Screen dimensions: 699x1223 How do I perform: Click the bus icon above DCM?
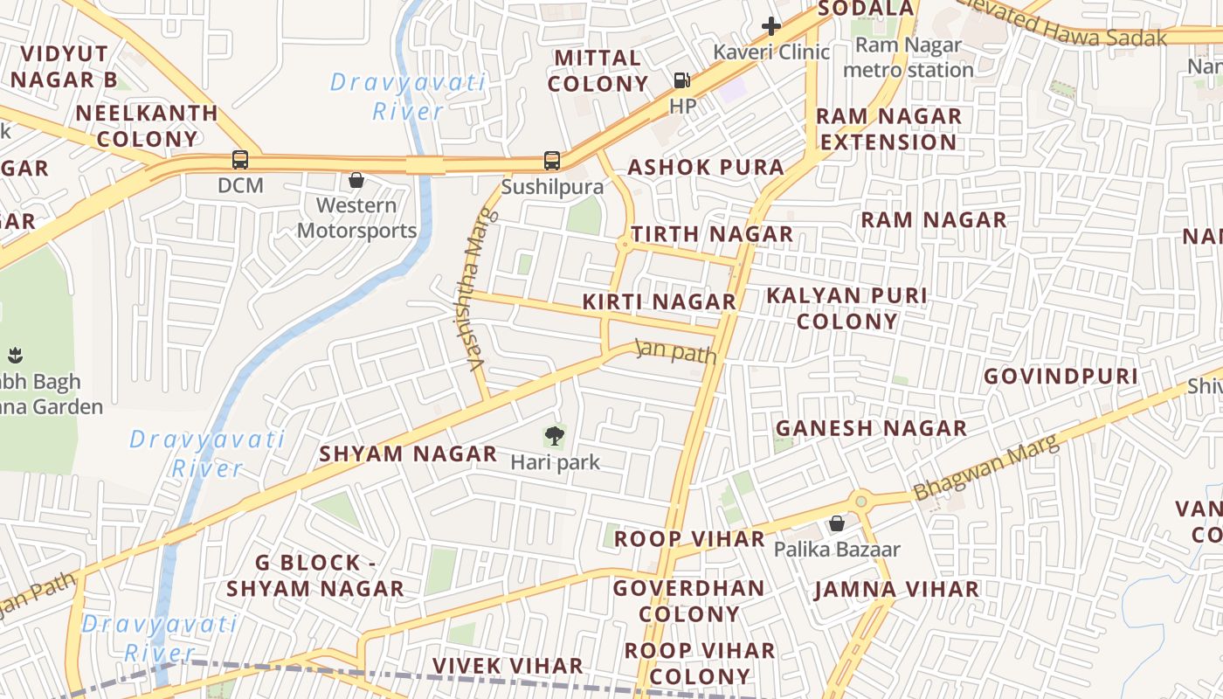(x=240, y=160)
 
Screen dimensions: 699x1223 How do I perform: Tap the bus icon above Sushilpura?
(x=552, y=161)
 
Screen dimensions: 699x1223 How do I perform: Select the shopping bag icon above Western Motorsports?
(x=356, y=181)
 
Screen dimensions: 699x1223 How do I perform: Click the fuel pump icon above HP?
(x=682, y=80)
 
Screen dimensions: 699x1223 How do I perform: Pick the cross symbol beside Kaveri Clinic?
(x=770, y=26)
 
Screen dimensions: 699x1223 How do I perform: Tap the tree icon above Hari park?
(x=554, y=434)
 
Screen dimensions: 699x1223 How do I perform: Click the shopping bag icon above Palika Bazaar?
(x=836, y=523)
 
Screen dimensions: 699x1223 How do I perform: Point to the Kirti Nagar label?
(x=660, y=302)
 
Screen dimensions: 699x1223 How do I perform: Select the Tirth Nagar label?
(x=712, y=234)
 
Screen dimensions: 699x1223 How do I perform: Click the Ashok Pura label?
(x=706, y=168)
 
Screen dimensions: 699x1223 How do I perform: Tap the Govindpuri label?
(x=1061, y=377)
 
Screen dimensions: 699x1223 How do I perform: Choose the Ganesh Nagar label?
(x=871, y=428)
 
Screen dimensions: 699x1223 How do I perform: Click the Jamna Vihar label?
(x=896, y=590)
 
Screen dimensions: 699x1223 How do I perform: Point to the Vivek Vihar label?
(x=508, y=666)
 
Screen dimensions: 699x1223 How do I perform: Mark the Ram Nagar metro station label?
(x=909, y=58)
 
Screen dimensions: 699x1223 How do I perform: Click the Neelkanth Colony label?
(x=147, y=126)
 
